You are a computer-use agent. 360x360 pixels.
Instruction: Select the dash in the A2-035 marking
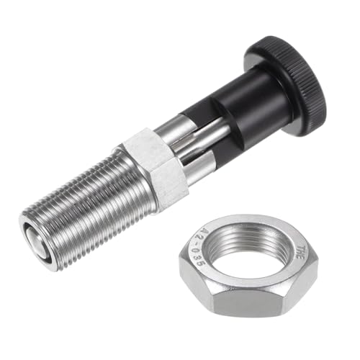click(203, 244)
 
